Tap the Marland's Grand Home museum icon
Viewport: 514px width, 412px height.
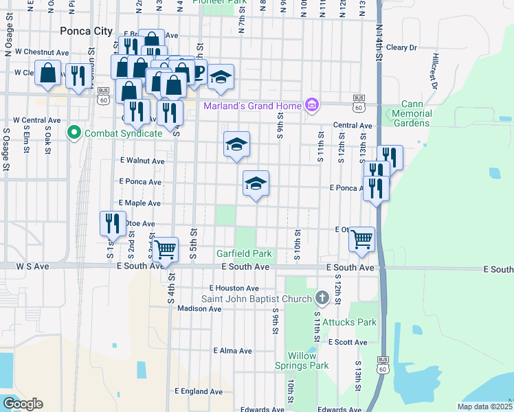click(x=311, y=105)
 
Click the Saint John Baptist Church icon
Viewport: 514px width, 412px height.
click(x=322, y=298)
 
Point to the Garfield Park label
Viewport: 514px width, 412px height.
click(x=245, y=253)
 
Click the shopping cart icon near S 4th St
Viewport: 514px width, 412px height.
click(x=166, y=250)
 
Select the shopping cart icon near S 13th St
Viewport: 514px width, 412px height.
click(x=362, y=239)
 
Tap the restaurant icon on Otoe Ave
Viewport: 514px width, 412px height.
click(x=113, y=223)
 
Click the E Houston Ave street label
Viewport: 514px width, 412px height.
click(x=234, y=288)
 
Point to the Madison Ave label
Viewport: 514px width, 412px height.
click(x=199, y=308)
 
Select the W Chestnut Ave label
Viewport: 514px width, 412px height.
click(x=42, y=51)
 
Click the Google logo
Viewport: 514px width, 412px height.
click(x=23, y=404)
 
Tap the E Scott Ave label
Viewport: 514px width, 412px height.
click(x=351, y=342)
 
